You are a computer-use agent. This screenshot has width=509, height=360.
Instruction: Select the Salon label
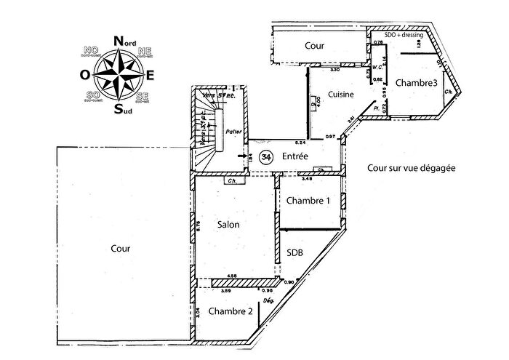228,225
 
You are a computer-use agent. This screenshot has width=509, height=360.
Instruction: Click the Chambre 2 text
231,311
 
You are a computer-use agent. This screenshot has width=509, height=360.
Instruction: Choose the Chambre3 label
417,84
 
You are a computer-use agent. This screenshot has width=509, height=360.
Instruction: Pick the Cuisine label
340,95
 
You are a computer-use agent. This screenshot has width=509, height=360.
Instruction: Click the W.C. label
377,67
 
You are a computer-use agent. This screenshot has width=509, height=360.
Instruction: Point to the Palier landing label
233,132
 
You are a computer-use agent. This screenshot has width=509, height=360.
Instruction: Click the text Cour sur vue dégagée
411,167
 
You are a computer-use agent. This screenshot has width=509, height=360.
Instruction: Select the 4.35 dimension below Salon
231,276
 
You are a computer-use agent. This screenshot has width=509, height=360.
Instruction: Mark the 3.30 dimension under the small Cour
335,70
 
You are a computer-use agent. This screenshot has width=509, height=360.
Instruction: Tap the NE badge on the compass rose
144,52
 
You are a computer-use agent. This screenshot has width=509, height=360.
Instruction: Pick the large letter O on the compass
85,74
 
